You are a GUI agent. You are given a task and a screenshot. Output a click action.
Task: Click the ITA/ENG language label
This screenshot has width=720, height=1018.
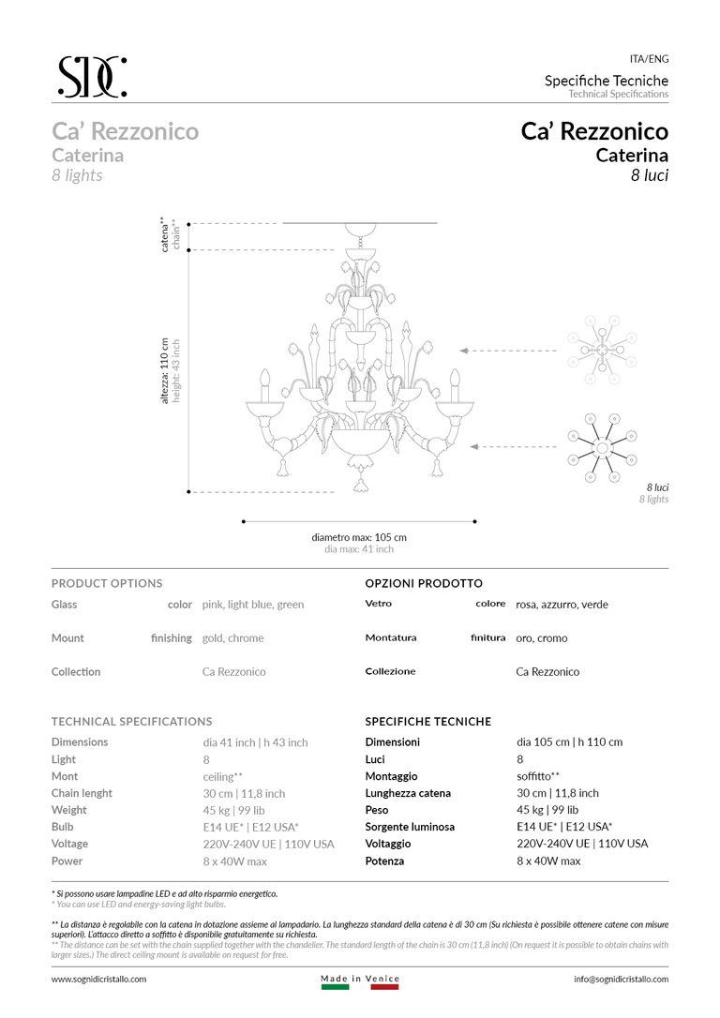(x=649, y=59)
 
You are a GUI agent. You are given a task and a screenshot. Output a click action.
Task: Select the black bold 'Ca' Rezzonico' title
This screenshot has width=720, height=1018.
(x=594, y=131)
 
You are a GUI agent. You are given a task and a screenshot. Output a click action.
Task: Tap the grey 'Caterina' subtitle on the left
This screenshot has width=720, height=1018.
(x=87, y=156)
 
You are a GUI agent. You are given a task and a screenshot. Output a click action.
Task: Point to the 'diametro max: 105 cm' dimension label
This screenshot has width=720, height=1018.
(x=359, y=537)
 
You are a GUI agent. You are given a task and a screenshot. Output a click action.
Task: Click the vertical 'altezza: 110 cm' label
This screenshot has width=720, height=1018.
(x=165, y=370)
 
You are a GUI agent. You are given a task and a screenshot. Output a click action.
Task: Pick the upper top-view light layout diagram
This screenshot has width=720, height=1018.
(x=601, y=350)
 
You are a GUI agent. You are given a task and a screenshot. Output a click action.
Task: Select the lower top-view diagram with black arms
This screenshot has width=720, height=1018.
(x=601, y=446)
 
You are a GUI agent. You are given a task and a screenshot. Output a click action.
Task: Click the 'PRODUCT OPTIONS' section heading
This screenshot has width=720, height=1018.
(x=107, y=583)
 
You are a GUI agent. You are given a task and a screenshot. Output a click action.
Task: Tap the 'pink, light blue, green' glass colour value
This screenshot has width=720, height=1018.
(x=253, y=605)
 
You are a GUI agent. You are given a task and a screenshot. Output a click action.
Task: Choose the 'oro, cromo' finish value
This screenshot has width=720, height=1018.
(x=542, y=638)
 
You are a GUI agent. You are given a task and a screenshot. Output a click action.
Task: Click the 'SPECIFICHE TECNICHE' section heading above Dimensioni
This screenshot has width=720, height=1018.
(x=427, y=722)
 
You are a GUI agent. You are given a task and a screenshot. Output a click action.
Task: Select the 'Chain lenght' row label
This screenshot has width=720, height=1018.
(x=82, y=793)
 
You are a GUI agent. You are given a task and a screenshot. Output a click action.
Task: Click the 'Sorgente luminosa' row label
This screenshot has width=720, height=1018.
(x=410, y=827)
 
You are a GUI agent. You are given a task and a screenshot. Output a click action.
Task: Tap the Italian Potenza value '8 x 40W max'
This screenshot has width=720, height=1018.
(x=548, y=861)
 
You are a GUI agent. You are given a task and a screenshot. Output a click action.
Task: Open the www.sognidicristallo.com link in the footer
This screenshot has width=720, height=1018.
(x=98, y=979)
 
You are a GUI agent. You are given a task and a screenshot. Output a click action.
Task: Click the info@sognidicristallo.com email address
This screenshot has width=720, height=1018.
(x=621, y=979)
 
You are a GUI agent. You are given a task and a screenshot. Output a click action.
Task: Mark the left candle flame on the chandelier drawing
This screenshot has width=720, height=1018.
(x=264, y=378)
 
